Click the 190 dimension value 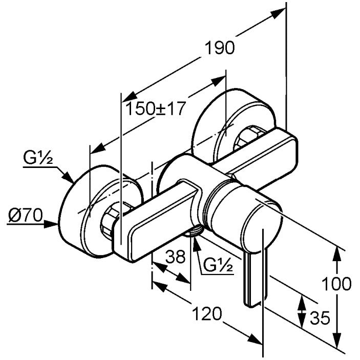(x=220, y=48)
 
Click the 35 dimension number (x=321, y=319)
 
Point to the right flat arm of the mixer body (x=261, y=156)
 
